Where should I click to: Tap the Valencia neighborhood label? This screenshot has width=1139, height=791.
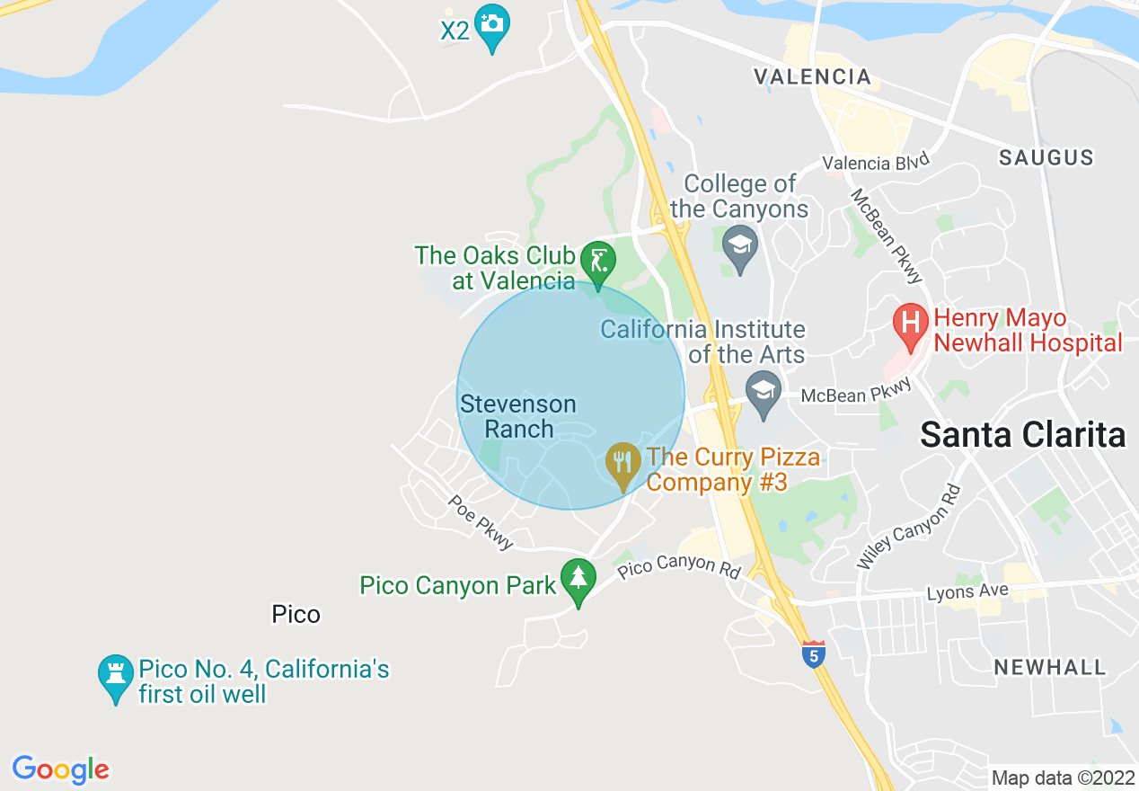(x=813, y=76)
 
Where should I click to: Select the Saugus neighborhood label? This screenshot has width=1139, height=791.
(x=1046, y=158)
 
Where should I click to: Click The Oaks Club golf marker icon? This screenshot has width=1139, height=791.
(x=596, y=262)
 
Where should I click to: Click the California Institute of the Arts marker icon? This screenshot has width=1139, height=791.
(x=764, y=392)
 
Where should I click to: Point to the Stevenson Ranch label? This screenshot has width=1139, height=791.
(x=518, y=416)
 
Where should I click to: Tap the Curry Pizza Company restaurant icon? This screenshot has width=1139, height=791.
(x=622, y=463)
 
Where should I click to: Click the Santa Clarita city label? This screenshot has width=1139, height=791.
(x=1022, y=435)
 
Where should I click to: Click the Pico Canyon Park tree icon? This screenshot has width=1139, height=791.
(x=578, y=579)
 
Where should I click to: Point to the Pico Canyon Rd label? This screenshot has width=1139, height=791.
(x=679, y=564)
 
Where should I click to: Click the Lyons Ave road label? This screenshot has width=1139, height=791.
(x=967, y=592)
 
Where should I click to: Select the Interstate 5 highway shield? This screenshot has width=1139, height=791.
(x=813, y=655)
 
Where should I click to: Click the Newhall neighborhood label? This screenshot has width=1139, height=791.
(x=1049, y=667)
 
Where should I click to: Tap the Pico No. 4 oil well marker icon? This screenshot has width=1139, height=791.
(x=116, y=675)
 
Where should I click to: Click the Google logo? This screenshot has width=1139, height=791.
(x=60, y=770)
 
